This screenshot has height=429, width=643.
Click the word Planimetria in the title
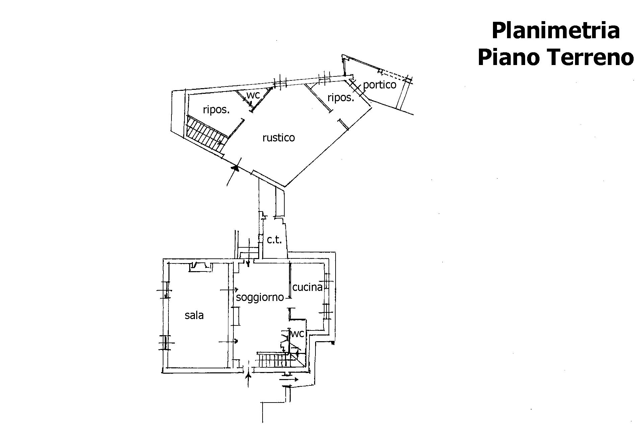pyautogui.click(x=555, y=31)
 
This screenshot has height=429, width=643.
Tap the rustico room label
pyautogui.click(x=279, y=138)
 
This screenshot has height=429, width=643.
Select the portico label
pyautogui.click(x=379, y=85)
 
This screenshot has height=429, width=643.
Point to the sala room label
pyautogui.click(x=194, y=315)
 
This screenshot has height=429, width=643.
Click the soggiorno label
pyautogui.click(x=260, y=297)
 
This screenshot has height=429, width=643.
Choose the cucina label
pyautogui.click(x=307, y=287)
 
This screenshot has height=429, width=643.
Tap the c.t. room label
pyautogui.click(x=274, y=240)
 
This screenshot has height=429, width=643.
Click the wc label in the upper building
pyautogui.click(x=253, y=95)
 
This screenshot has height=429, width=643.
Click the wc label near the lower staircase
pyautogui.click(x=297, y=333)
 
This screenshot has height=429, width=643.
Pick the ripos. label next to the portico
pyautogui.click(x=341, y=98)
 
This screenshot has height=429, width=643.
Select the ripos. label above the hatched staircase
pyautogui.click(x=216, y=110)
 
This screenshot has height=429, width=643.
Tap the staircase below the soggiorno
pyautogui.click(x=273, y=360)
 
